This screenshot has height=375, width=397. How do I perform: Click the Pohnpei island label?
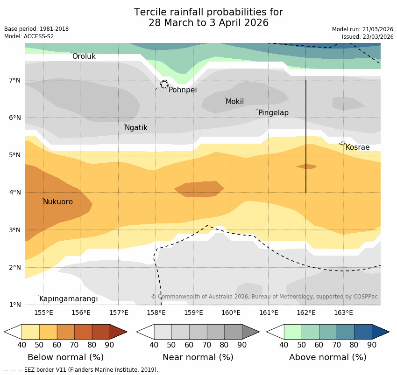[183, 90]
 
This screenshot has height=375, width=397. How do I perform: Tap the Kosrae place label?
[357, 147]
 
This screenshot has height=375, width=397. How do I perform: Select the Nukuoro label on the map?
[58, 202]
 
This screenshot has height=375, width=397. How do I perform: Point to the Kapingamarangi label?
[68, 299]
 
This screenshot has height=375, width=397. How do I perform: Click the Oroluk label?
[84, 56]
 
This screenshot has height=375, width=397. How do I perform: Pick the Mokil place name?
[234, 102]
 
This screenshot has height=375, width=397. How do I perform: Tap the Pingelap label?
[273, 113]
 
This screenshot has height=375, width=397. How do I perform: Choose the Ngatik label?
[136, 128]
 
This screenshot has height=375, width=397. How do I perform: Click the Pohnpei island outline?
[164, 84]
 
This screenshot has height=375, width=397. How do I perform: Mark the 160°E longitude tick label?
[231, 312]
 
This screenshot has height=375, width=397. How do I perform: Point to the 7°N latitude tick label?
[15, 80]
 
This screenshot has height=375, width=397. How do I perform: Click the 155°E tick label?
[43, 312]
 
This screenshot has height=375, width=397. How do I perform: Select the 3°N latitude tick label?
[15, 230]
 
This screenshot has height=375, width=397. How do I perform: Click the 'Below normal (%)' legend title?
[65, 357]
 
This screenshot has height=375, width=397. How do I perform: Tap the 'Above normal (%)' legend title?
[328, 357]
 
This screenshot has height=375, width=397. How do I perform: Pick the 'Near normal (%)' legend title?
[198, 357]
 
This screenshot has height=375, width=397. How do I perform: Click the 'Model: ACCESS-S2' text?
[29, 36]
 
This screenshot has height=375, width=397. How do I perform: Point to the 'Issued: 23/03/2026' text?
[367, 36]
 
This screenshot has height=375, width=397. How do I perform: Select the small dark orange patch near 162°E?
[306, 167]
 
